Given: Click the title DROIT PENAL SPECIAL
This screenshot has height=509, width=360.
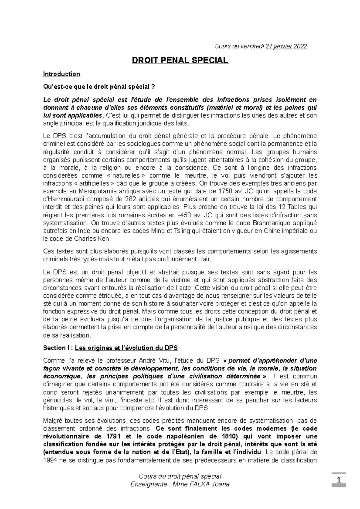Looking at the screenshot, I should [x=180, y=60].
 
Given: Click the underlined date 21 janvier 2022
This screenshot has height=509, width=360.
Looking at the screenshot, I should [x=286, y=46].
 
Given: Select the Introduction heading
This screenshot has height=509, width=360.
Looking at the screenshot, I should [x=61, y=74].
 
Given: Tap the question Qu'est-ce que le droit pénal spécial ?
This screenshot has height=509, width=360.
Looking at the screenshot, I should [x=99, y=87].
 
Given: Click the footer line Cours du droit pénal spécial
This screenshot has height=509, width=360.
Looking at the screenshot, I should [x=180, y=476].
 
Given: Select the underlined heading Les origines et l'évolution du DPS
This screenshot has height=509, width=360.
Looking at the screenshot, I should [x=126, y=348].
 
